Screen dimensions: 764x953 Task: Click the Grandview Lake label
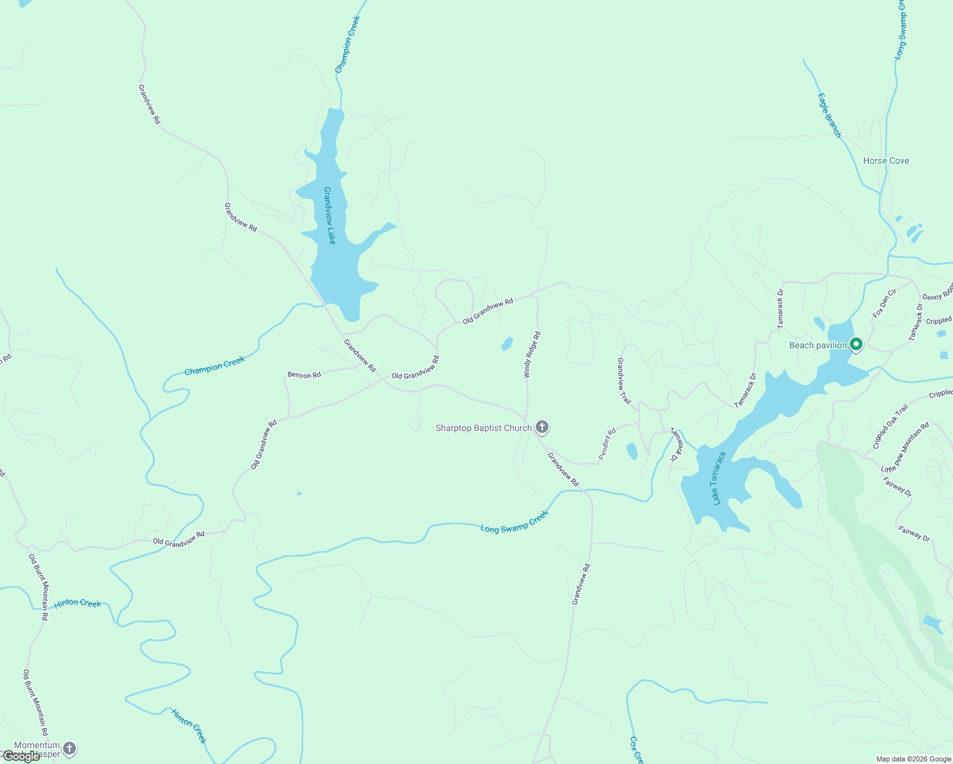tap(329, 216)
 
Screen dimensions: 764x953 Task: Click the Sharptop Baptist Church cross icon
tap(542, 427)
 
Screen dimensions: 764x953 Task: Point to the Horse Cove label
tap(885, 161)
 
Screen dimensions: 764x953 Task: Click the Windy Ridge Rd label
tap(532, 355)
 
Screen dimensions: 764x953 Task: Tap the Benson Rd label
tap(304, 375)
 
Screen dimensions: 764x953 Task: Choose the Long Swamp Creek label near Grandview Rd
tap(514, 521)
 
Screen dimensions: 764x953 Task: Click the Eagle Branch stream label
tap(829, 115)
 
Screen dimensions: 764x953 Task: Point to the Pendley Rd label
tap(607, 444)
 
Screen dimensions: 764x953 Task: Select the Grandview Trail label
tap(624, 381)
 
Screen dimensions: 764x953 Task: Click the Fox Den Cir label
tap(884, 303)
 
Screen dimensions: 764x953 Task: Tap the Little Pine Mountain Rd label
tap(905, 447)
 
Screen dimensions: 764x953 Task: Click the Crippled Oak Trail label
tap(890, 427)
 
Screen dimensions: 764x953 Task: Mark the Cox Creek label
tap(636, 750)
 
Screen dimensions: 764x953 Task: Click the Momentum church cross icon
tap(69, 749)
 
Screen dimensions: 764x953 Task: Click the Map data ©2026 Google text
tap(913, 759)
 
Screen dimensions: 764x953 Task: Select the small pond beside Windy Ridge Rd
tap(507, 344)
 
